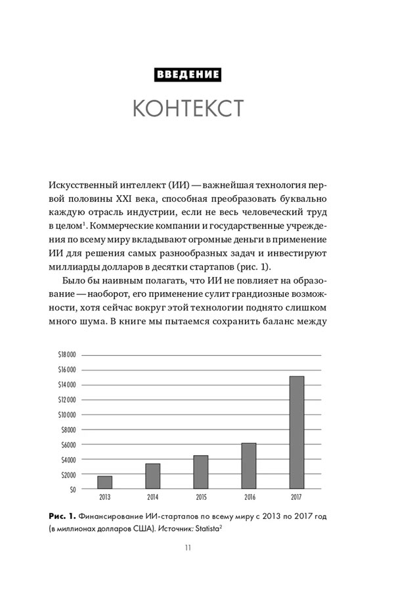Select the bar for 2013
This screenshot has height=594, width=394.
coord(105,482)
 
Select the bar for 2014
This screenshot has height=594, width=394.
coord(152,476)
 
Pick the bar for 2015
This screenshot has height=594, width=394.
coord(200,472)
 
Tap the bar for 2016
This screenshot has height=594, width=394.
coord(248,466)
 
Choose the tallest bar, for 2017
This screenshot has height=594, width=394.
coord(296,432)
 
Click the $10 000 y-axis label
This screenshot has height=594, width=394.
coord(67,414)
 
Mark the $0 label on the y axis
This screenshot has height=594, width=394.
coord(72,489)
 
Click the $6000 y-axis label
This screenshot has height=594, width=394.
coord(68,445)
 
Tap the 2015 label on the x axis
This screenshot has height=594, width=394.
coord(200,498)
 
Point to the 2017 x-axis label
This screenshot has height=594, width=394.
coord(296,498)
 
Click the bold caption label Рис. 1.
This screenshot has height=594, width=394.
coord(60,517)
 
